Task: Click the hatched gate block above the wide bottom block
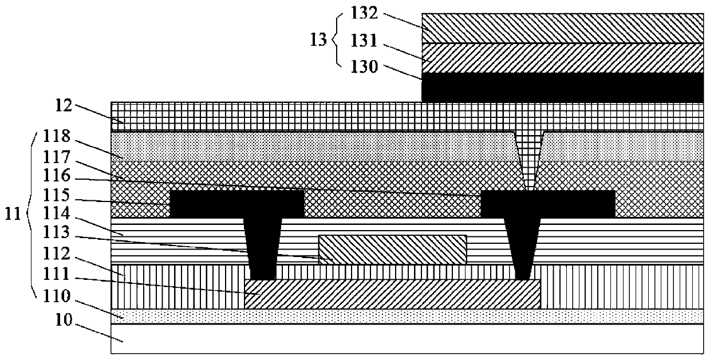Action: coord(392,250)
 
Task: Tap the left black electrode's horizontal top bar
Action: coord(237,204)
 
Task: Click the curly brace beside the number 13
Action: coord(336,39)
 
